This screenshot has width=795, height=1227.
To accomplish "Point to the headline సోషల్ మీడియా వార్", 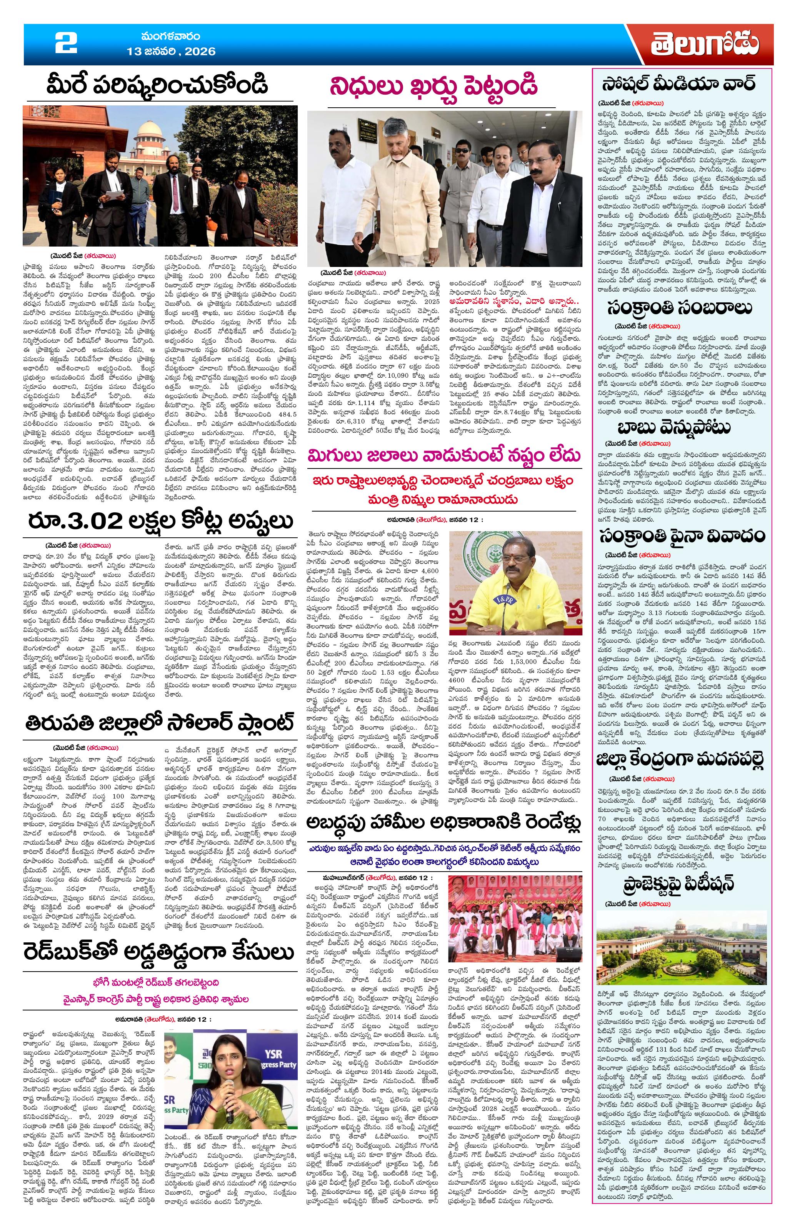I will click(680, 82).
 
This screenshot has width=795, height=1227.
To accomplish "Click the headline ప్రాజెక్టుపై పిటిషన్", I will click(680, 883).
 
